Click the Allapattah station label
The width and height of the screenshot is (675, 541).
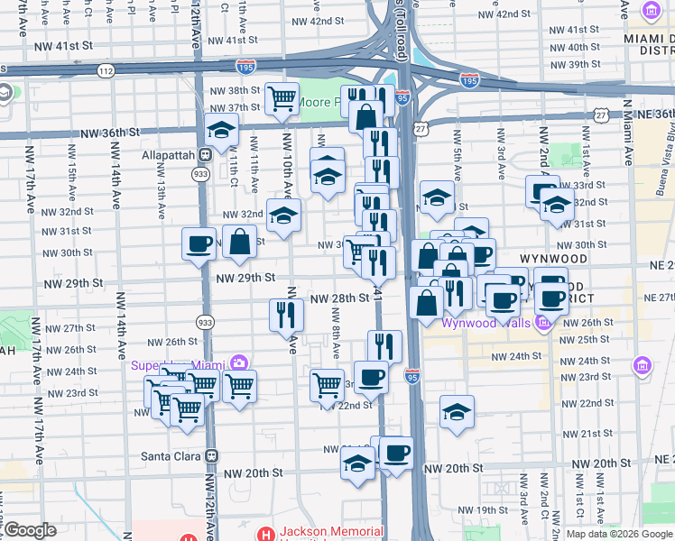tap(168, 154)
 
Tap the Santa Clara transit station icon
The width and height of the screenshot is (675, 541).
tap(212, 456)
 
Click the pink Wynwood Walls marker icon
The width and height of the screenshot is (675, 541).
tap(541, 322)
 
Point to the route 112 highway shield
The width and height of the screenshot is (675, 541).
tap(107, 69)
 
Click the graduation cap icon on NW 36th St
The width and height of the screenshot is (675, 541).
tap(221, 130)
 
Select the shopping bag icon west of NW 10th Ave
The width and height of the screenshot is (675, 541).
tap(239, 241)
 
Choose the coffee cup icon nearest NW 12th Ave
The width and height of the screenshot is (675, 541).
tap(199, 243)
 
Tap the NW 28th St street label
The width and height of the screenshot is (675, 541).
tap(339, 298)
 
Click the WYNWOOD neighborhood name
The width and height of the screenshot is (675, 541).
tap(553, 259)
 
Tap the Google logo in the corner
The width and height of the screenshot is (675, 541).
tap(30, 530)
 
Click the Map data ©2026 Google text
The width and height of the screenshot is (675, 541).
tap(619, 534)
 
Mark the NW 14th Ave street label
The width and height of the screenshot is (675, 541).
tap(118, 193)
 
